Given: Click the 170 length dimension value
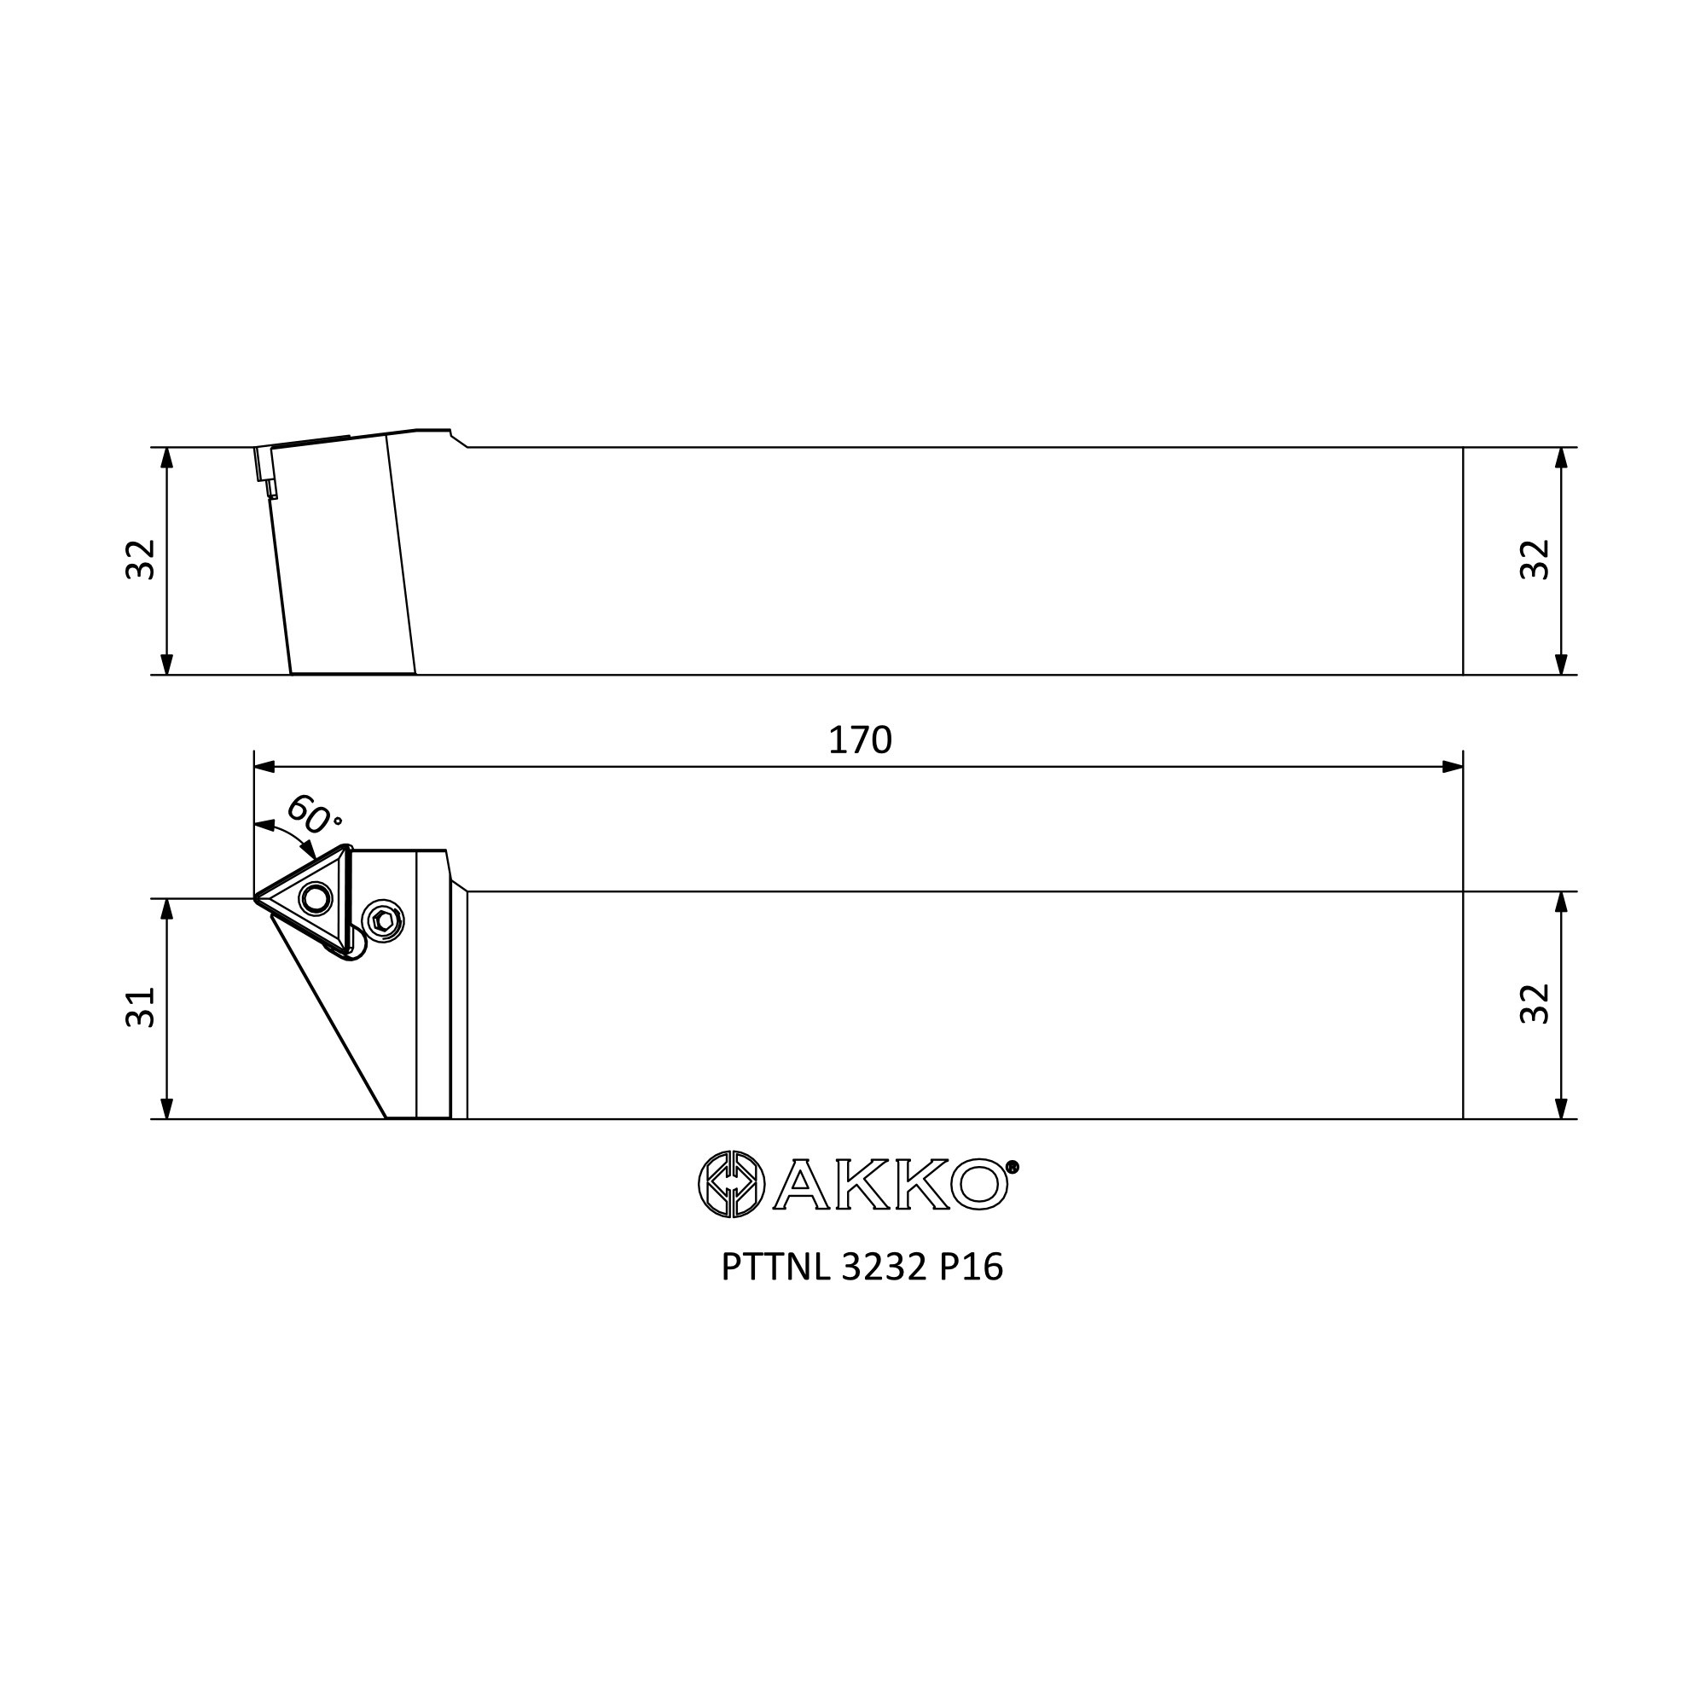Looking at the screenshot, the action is [x=859, y=740].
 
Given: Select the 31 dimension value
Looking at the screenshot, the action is [x=141, y=1007].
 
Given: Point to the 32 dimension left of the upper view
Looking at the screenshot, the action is [x=141, y=559].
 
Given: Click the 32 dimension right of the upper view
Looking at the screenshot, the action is [x=1535, y=559].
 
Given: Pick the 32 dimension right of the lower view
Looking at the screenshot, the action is [x=1535, y=1003].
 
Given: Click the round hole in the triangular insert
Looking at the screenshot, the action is [x=316, y=899].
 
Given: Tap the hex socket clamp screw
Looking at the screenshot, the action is [x=384, y=921].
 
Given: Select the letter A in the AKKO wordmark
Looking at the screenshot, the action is [x=801, y=1185].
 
